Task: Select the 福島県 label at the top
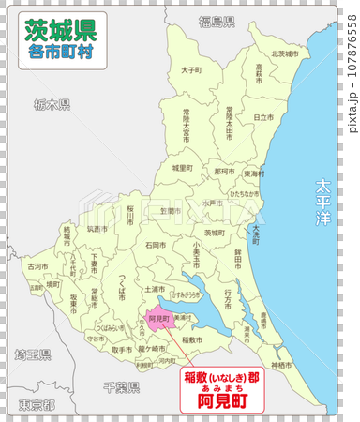217,20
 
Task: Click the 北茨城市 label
284,53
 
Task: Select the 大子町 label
190,69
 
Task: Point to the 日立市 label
263,116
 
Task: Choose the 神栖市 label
282,364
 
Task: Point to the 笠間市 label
167,211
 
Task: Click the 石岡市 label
156,244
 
